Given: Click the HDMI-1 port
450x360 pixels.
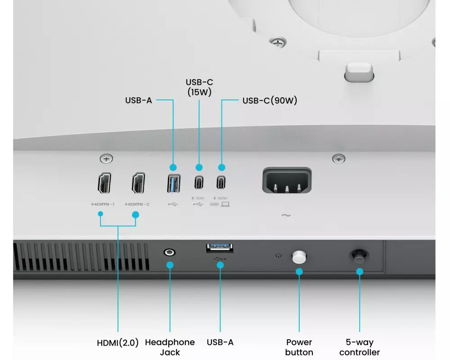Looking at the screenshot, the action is pos(104,183).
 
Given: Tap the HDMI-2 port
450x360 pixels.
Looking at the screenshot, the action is pos(138,183).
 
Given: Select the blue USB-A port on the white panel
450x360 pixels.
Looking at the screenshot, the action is pos(174,184).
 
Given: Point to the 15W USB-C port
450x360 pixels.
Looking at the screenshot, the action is pos(199,183).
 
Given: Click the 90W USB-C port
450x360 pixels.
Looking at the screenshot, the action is pos(221,183).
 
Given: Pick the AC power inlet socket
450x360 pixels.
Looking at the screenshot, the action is pos(287,180).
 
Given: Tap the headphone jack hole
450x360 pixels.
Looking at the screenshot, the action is pos(169,252).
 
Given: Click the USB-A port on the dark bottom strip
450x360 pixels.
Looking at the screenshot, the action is pos(220,248).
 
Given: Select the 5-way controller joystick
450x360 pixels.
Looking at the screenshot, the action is pos(359,256).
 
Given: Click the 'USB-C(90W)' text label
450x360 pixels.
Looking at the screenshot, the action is pos(270,100).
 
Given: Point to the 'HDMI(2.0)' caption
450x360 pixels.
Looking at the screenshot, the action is pos(117,343).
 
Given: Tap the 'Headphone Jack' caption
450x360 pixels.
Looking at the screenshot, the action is pos(170,347).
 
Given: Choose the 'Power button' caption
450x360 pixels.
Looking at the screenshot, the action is pos(299,347).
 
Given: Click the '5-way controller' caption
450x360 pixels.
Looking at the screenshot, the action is pos(360,347).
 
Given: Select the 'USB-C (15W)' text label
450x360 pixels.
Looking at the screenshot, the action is pos(199,87).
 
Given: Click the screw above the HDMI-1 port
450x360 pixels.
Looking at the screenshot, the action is pos(106,158).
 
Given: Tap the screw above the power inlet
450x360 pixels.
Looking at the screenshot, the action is pos(339,158).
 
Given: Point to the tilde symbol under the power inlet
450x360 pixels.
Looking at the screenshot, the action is pos(286,215).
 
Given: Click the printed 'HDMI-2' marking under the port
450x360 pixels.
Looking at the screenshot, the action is pos(137,204).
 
